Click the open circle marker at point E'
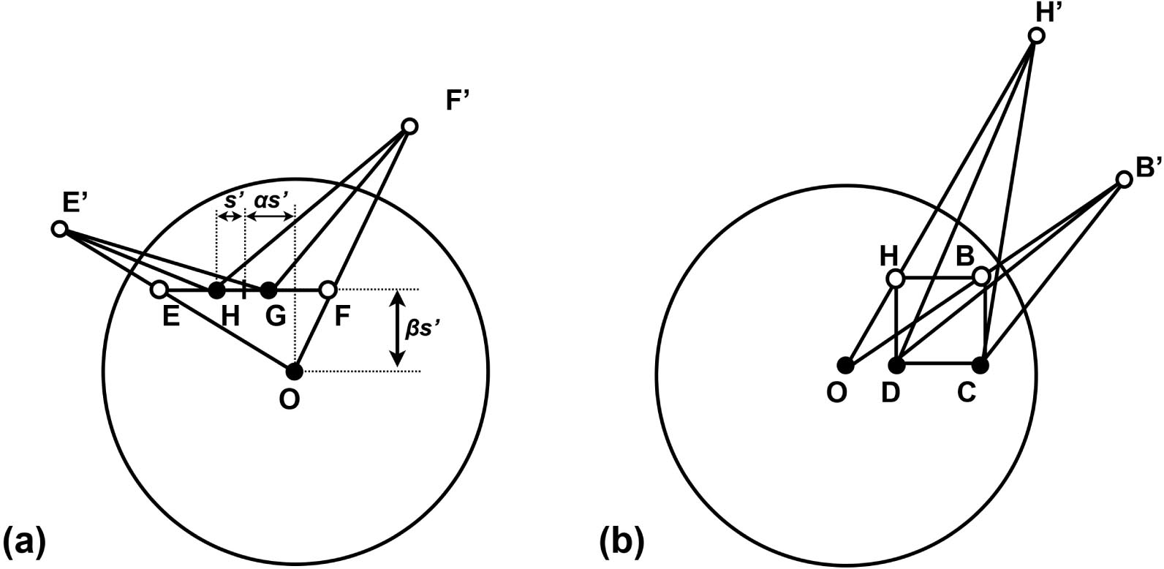point(59,229)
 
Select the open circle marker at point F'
point(410,127)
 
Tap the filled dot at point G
point(269,290)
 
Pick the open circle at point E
point(159,290)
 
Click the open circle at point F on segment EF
point(328,290)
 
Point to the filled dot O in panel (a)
point(294,372)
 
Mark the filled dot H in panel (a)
point(216,290)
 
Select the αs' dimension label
point(271,200)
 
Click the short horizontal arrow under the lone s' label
point(231,216)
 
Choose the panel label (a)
point(25,543)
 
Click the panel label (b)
point(622,543)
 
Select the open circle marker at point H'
point(1036,35)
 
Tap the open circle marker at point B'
point(1125,179)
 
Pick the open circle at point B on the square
point(982,276)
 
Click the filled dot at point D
point(897,363)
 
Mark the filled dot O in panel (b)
point(845,363)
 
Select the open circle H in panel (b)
point(896,278)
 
